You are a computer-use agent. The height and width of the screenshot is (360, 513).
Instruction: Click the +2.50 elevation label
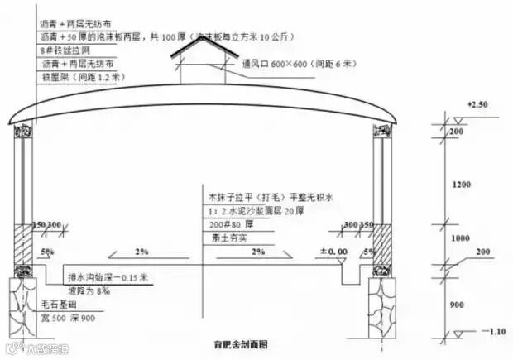(x=478, y=105)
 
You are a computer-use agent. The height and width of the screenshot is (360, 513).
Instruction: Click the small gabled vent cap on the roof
(x=202, y=51)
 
